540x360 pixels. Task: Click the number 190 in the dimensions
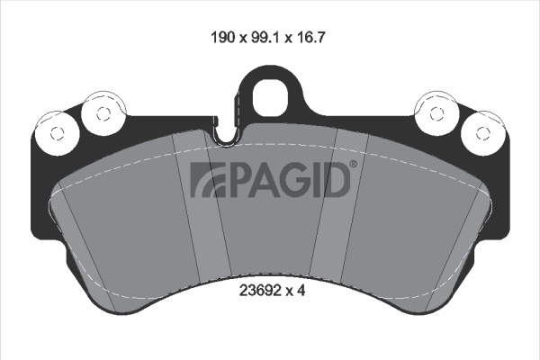click(x=222, y=37)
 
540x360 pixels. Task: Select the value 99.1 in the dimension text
click(x=265, y=37)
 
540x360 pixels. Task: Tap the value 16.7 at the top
click(x=310, y=37)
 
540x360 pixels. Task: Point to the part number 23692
click(x=259, y=291)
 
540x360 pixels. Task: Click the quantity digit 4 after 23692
click(x=301, y=291)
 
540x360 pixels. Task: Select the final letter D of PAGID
click(x=336, y=179)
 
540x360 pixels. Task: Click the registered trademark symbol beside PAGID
click(x=354, y=164)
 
